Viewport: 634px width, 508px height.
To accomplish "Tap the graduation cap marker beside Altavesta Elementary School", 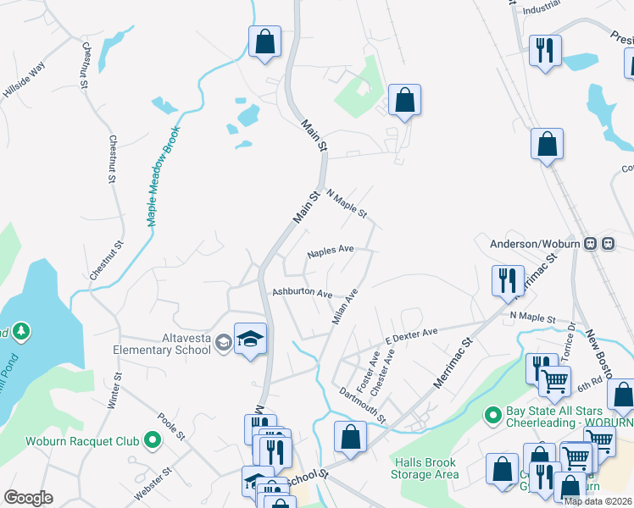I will [x=250, y=340].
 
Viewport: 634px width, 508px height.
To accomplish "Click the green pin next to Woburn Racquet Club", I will [x=153, y=440].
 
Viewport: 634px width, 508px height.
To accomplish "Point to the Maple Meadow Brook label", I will [x=164, y=176].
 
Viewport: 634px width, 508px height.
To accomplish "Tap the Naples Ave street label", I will [x=331, y=251].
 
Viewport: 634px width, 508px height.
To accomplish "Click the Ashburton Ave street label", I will [x=301, y=292].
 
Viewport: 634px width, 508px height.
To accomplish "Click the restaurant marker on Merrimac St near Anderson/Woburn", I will [x=508, y=281].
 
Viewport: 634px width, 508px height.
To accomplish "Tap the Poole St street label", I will [x=171, y=428].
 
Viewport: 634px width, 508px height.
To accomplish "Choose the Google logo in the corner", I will [x=28, y=498].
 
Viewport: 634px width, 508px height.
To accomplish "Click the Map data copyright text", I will [x=598, y=501].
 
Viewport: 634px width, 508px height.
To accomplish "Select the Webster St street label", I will [x=153, y=483].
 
